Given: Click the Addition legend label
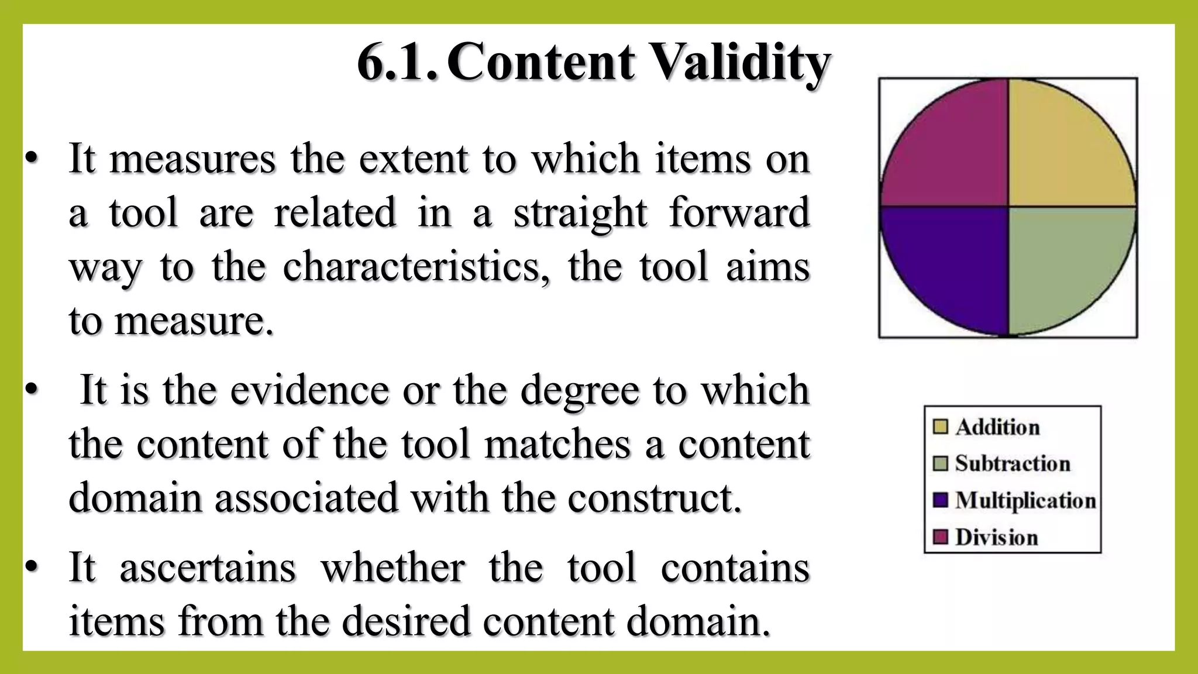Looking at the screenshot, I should coord(997,427).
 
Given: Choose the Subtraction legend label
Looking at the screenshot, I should coord(1013,463).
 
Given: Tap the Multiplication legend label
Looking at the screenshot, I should coord(1025,500).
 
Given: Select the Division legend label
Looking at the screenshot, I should coord(996,537).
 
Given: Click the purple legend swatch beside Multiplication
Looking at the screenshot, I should coord(940,500).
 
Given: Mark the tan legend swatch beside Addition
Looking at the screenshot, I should coord(940,427).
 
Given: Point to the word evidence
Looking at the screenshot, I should coord(309,390).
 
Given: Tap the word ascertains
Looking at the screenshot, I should coord(208,567).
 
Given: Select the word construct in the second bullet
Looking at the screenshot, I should coord(650,497).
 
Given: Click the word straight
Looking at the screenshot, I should coord(580,212).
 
